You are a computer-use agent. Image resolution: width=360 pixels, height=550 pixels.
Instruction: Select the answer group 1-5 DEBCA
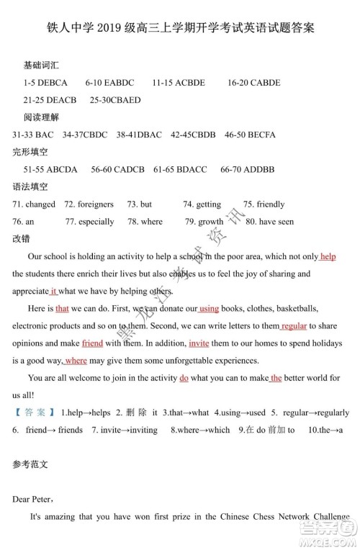tap(45, 83)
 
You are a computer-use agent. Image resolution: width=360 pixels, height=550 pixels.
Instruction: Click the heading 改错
tap(22, 238)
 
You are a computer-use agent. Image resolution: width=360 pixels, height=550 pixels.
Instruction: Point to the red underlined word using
tap(209, 309)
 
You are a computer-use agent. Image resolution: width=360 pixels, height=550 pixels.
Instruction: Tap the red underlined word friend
tap(93, 343)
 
